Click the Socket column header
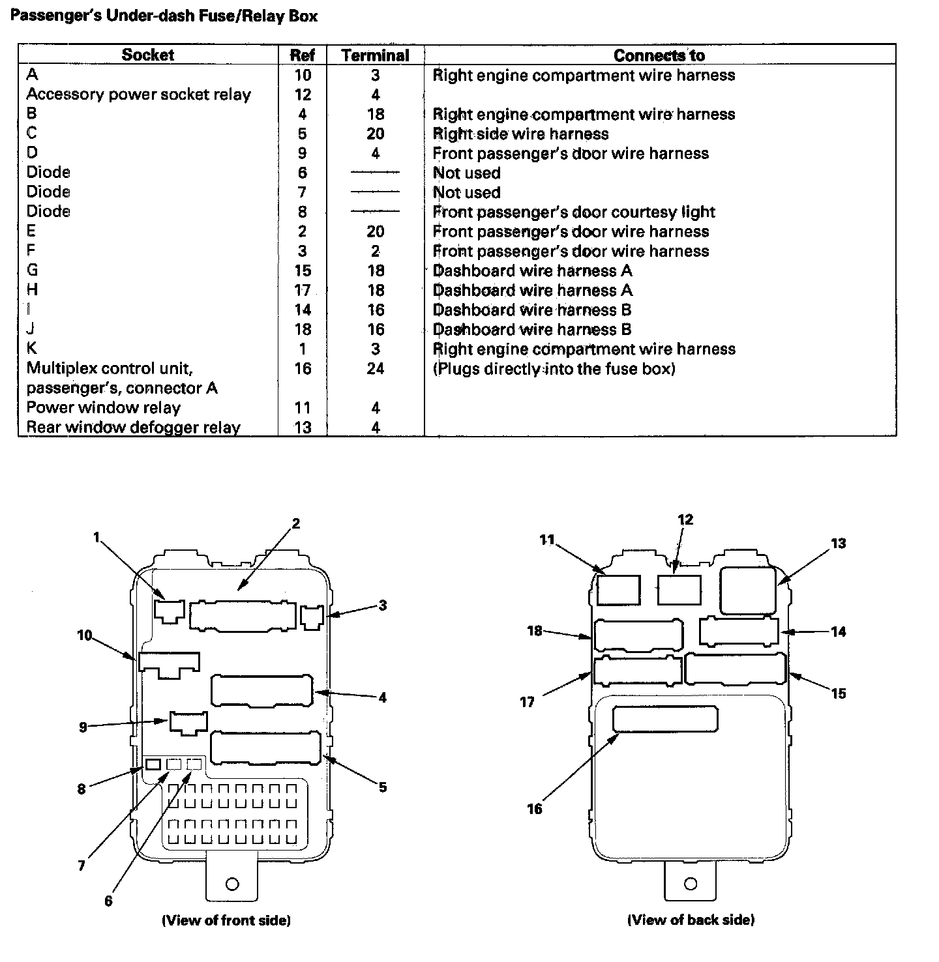pos(147,54)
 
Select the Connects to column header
pos(659,55)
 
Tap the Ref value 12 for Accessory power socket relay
pos(303,95)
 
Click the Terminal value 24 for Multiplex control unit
pos(376,368)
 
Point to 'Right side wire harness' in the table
pos(520,134)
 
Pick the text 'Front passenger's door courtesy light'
pos(574,212)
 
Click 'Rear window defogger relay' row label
pos(133,427)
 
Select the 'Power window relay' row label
pos(103,407)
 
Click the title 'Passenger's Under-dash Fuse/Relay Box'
pos(164,16)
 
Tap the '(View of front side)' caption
pos(226,920)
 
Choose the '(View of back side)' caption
pos(691,920)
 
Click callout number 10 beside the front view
pos(85,635)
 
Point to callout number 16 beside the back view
pos(535,809)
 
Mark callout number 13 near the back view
pos(838,544)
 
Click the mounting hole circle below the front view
pos(232,884)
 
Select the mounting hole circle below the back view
pos(691,883)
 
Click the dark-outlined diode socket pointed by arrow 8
pos(153,765)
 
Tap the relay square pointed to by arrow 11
pos(618,590)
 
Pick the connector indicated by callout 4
pos(261,691)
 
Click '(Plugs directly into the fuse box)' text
pos(554,369)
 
